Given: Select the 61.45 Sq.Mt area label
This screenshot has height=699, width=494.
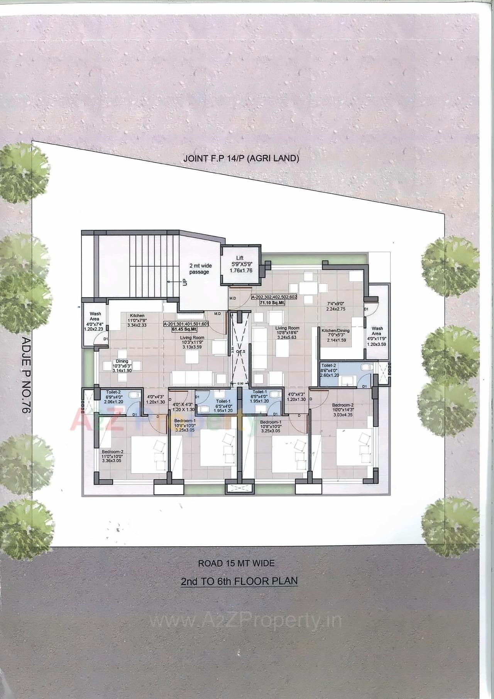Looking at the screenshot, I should tap(185, 329).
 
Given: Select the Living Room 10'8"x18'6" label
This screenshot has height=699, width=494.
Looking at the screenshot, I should tap(287, 332).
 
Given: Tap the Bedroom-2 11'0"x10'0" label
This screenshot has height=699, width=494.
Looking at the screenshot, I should tap(112, 456).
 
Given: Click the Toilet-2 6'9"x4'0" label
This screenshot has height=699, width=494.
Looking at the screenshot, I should tap(113, 396).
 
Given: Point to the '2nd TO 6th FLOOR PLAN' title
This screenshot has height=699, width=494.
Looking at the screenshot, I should tap(239, 581).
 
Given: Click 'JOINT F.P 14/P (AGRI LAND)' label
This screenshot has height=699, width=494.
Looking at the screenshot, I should tap(241, 158).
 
